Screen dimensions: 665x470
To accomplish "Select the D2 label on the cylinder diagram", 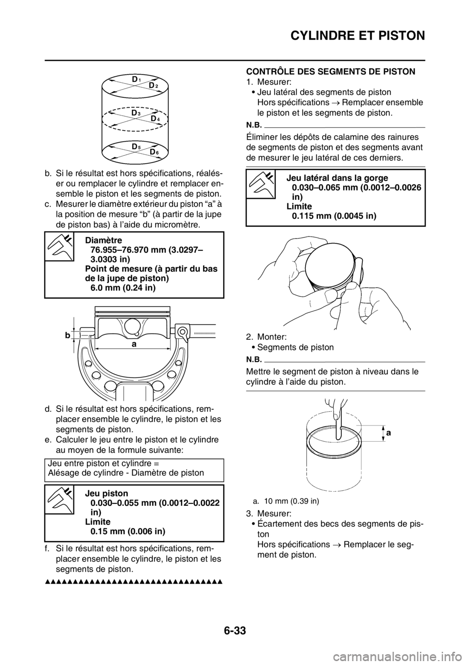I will click(x=154, y=86).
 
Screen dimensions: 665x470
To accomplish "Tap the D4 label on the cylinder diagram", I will click(x=155, y=119).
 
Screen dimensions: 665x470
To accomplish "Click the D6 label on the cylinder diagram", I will click(x=154, y=152).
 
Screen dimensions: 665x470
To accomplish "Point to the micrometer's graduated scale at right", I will click(x=206, y=332).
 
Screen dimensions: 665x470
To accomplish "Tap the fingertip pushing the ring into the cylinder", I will click(x=338, y=429).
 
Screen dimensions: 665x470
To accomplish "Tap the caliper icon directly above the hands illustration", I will click(x=260, y=184).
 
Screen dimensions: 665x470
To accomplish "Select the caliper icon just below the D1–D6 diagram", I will click(x=59, y=246).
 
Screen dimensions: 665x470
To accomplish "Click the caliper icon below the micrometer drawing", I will click(x=59, y=499).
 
